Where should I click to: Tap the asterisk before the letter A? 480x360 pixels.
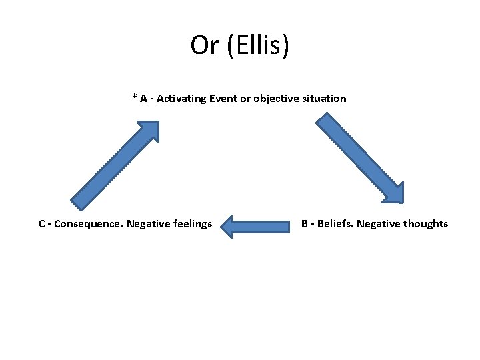click(135, 97)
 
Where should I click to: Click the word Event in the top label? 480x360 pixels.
click(223, 99)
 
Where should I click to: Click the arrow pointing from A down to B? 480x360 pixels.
click(359, 157)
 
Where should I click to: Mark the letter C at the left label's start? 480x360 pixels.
click(42, 224)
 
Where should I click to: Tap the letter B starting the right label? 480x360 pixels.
click(305, 224)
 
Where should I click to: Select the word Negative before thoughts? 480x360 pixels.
click(378, 224)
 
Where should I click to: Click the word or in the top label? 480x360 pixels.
click(246, 99)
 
